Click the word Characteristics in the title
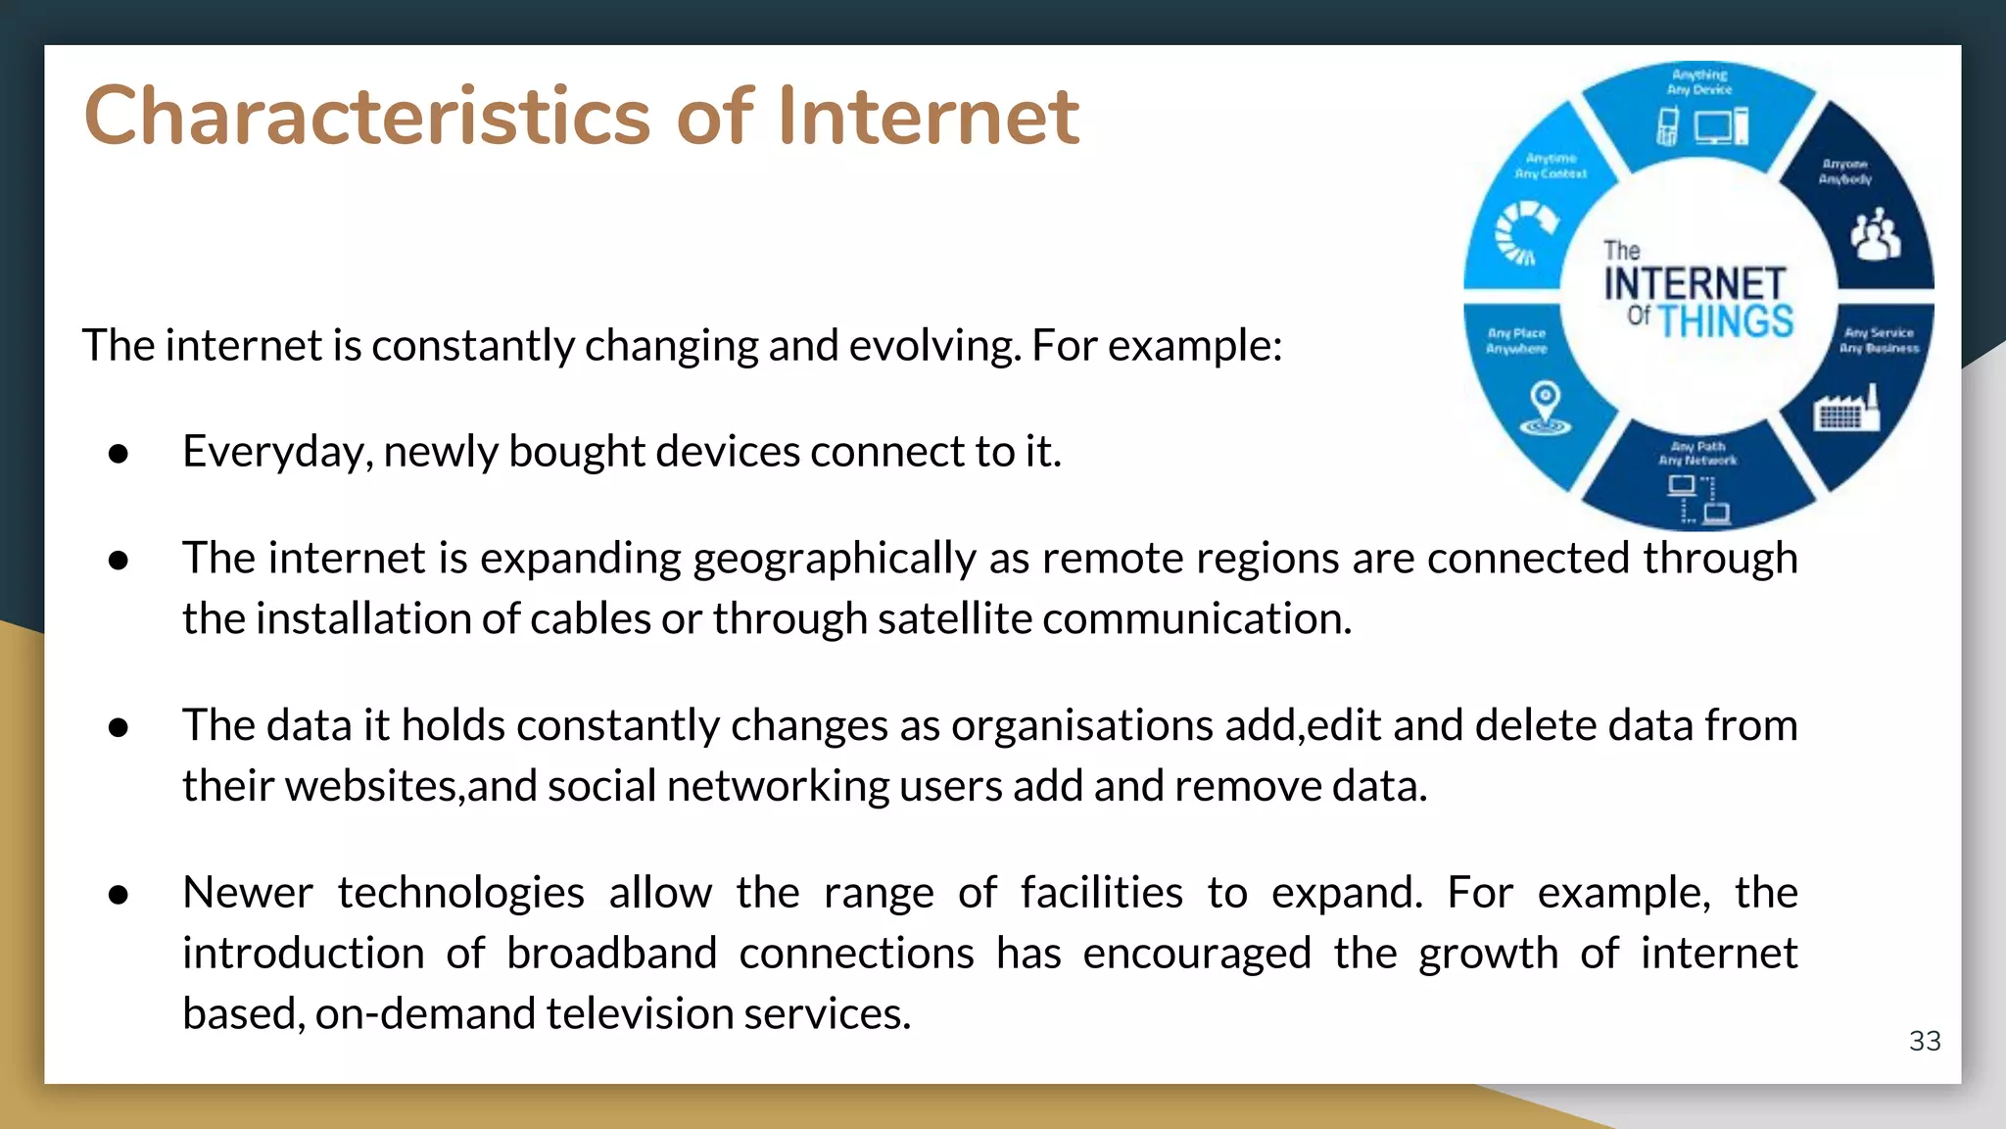point(367,116)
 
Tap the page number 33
point(1924,1041)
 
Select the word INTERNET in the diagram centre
point(1695,284)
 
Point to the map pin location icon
point(1545,408)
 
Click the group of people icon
point(1875,234)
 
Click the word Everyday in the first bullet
point(276,452)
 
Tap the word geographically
point(835,559)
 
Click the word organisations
point(1081,726)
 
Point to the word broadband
point(611,954)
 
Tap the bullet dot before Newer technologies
point(119,895)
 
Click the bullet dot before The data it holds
point(119,727)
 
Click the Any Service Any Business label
point(1878,340)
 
